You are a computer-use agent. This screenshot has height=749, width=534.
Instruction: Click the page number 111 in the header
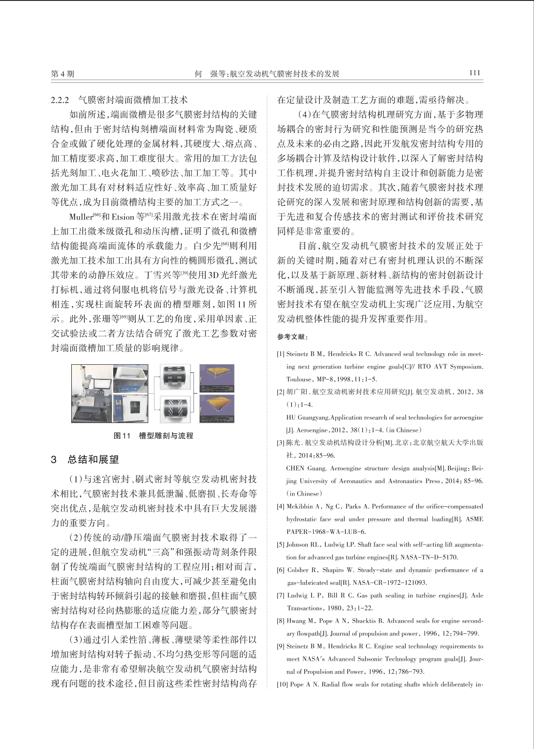point(474,73)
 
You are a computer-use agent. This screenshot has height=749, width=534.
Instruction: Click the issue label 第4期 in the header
point(63,74)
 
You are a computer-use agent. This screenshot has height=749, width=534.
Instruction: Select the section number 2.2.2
point(61,100)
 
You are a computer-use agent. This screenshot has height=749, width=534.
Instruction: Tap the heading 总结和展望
point(93,460)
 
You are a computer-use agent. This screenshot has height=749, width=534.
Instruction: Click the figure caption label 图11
point(122,436)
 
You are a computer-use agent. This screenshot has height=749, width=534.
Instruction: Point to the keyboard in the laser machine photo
point(87,415)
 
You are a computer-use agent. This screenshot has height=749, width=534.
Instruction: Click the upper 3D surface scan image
point(217,378)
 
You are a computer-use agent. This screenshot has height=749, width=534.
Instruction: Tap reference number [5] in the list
point(281,545)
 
